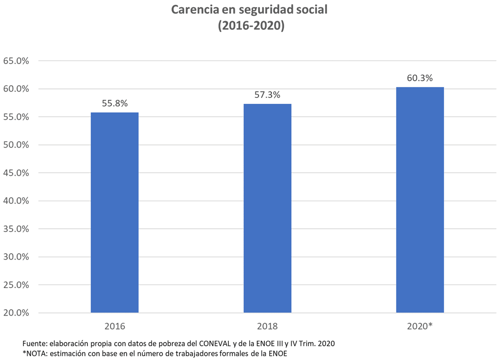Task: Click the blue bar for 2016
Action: pyautogui.click(x=115, y=212)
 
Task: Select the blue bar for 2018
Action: pyautogui.click(x=267, y=208)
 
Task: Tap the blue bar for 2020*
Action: pyautogui.click(x=420, y=200)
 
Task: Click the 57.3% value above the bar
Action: pyautogui.click(x=267, y=95)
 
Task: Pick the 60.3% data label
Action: pyautogui.click(x=420, y=78)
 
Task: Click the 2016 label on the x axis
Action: pyautogui.click(x=115, y=326)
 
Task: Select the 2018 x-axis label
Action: pyautogui.click(x=267, y=326)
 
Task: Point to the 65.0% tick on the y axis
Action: pyautogui.click(x=15, y=61)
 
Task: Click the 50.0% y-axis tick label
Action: pyautogui.click(x=15, y=145)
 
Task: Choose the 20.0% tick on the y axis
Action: pyautogui.click(x=15, y=313)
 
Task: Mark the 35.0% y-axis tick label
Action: pyautogui.click(x=15, y=229)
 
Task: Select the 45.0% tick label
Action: pyautogui.click(x=15, y=173)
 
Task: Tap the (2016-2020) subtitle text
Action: pyautogui.click(x=251, y=26)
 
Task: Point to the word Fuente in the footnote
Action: pyautogui.click(x=34, y=344)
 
